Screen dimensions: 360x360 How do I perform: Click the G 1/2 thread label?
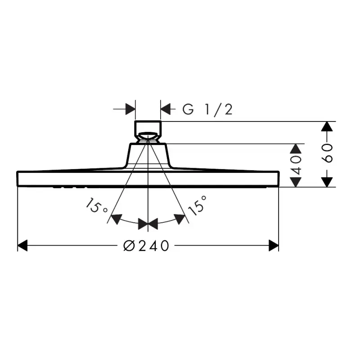click(x=207, y=109)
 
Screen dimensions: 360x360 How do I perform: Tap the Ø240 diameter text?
click(x=146, y=246)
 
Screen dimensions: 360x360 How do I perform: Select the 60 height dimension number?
click(x=327, y=153)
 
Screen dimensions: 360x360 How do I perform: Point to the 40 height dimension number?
click(x=296, y=165)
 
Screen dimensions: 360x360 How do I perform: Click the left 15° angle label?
click(x=96, y=206)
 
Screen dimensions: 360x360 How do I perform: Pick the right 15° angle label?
click(x=197, y=205)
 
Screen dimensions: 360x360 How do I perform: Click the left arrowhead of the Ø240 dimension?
click(x=22, y=245)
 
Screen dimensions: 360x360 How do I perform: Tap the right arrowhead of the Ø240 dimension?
click(x=274, y=245)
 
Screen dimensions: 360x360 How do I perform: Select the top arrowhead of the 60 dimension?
click(x=327, y=126)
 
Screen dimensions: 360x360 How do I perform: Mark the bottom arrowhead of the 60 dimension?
click(x=327, y=182)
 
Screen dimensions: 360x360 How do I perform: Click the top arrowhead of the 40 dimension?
click(x=296, y=149)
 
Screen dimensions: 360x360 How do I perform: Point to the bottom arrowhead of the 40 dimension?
click(x=296, y=182)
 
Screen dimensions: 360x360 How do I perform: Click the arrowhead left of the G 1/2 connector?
click(x=130, y=109)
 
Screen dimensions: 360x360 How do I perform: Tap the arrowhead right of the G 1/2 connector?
click(x=165, y=109)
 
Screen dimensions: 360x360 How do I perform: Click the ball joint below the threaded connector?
click(x=148, y=137)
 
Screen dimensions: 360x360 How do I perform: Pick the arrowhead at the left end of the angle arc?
click(x=117, y=219)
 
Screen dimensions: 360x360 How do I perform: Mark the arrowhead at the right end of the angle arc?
click(x=180, y=219)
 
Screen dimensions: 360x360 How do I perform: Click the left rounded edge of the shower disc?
click(x=18, y=178)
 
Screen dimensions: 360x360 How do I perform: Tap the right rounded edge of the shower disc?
click(x=278, y=178)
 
